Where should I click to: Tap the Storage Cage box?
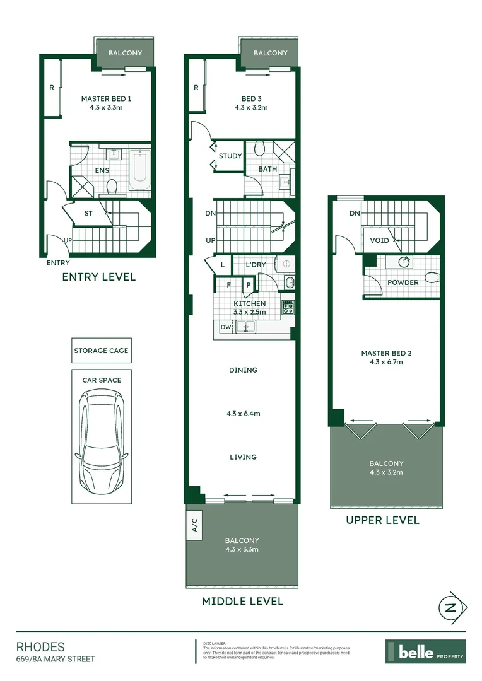(101, 351)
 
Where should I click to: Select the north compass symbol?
(451, 608)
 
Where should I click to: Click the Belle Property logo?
(426, 651)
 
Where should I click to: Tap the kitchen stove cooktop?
(288, 308)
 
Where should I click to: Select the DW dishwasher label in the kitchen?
(225, 327)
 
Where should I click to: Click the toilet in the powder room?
(432, 277)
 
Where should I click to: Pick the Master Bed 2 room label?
(382, 353)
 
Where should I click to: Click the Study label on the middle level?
(230, 156)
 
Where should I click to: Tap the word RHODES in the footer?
(40, 647)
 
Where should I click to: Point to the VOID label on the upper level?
(380, 241)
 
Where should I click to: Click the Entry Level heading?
(98, 277)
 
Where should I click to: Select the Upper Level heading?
(382, 520)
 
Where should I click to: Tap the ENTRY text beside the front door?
(58, 263)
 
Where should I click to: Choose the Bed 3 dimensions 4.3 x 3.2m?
(251, 108)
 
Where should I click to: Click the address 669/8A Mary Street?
(55, 660)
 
